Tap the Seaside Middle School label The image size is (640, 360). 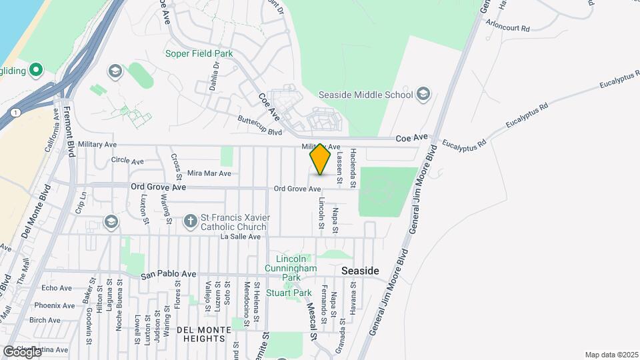[x=366, y=95]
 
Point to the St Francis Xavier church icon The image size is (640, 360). [x=190, y=220]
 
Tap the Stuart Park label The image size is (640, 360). [x=289, y=292]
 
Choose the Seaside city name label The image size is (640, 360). [x=360, y=271]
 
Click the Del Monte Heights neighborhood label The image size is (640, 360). [x=200, y=334]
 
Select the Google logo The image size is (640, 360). [x=21, y=351]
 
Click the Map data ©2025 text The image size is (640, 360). [x=611, y=355]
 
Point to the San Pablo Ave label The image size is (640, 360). [x=168, y=273]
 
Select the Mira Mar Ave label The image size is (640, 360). [x=209, y=173]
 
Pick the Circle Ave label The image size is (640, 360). [x=127, y=161]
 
